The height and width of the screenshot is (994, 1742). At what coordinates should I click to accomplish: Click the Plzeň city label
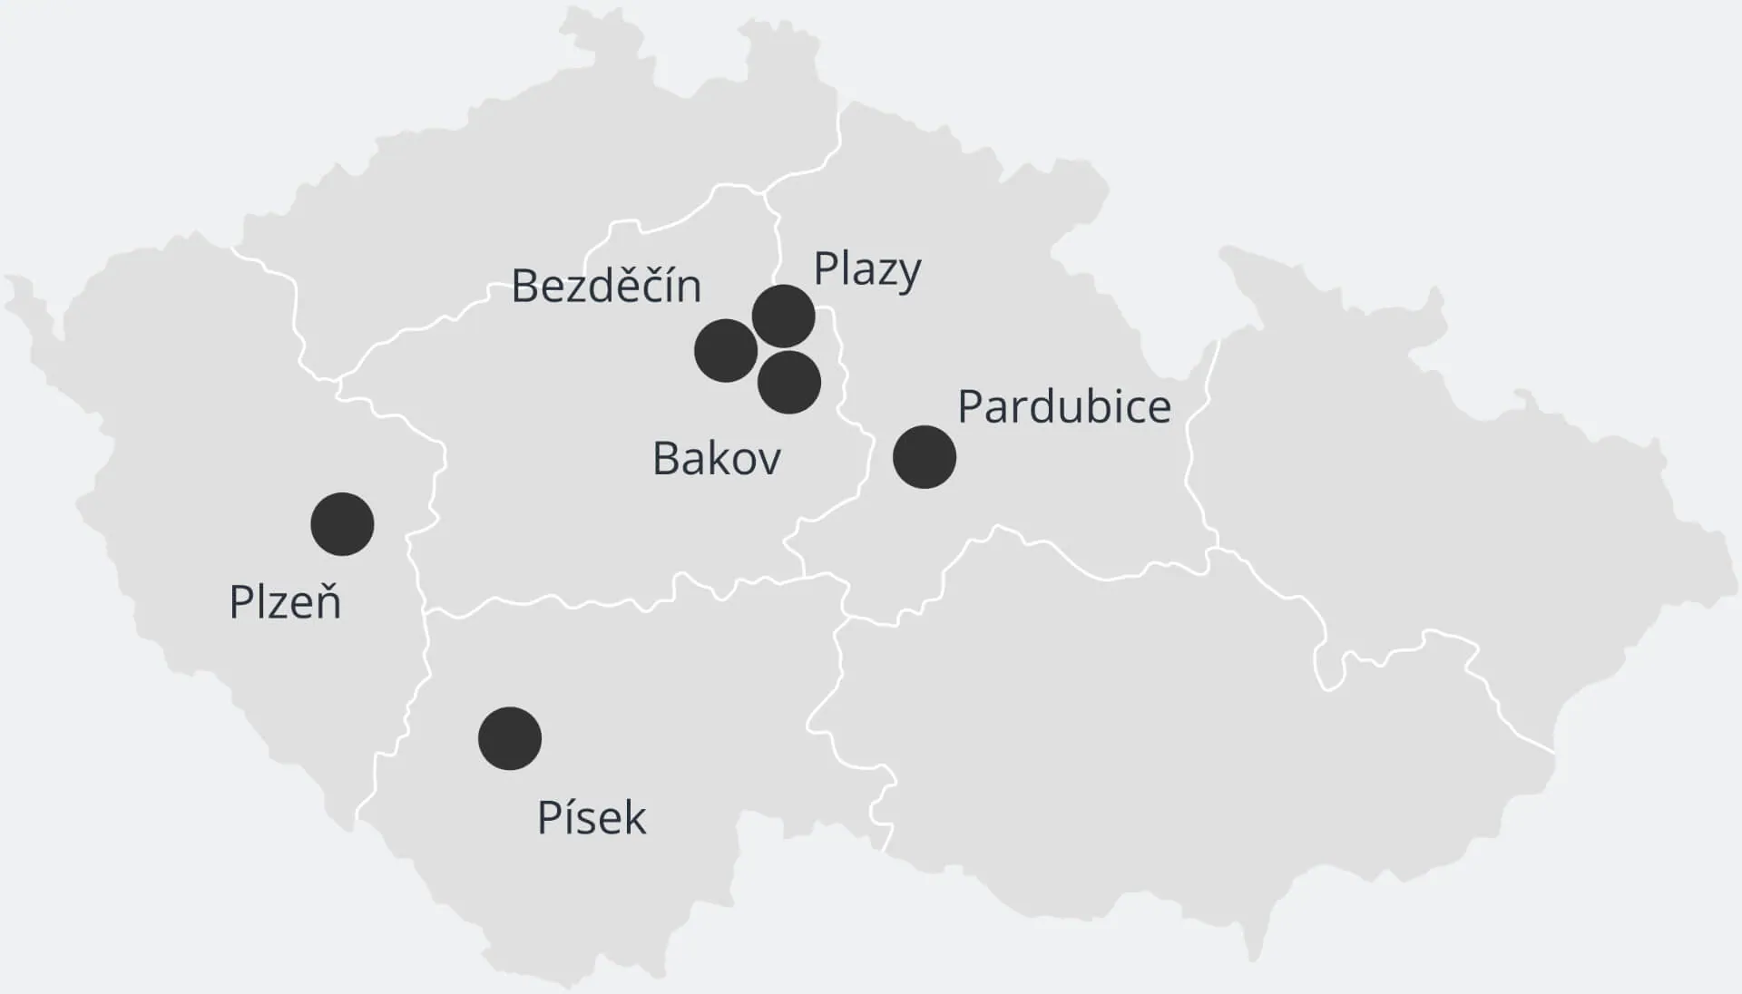click(x=285, y=602)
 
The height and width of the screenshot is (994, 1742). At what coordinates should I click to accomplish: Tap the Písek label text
click(x=592, y=817)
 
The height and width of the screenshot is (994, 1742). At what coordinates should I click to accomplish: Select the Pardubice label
click(x=1064, y=406)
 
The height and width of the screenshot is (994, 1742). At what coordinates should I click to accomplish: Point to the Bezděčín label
click(x=606, y=286)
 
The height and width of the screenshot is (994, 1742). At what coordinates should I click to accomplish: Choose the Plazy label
click(x=867, y=269)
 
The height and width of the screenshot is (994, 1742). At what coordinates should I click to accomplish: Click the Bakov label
click(x=717, y=459)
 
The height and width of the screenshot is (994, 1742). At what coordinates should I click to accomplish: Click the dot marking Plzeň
click(x=342, y=524)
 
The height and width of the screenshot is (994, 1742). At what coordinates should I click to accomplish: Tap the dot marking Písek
click(x=510, y=738)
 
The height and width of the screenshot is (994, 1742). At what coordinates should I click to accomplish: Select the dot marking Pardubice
click(x=925, y=457)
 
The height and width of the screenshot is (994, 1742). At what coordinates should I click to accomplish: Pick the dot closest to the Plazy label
click(x=784, y=316)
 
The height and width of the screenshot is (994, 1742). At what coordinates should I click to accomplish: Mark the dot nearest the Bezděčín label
click(x=726, y=350)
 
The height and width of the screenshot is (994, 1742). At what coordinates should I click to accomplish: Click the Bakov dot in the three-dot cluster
click(x=789, y=383)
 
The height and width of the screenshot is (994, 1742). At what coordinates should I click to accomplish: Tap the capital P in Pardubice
click(x=971, y=406)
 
